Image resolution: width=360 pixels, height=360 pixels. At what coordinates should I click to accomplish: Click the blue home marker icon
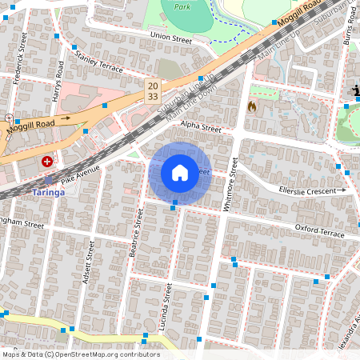pyautogui.click(x=180, y=173)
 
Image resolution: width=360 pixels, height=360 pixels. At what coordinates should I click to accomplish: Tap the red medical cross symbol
pyautogui.click(x=48, y=162)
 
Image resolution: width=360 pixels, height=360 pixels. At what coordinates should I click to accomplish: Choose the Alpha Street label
pyautogui.click(x=200, y=126)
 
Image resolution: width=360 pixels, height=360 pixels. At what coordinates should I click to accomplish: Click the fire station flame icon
pyautogui.click(x=252, y=106)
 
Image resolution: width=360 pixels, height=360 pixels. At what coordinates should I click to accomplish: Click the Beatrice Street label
pyautogui.click(x=137, y=233)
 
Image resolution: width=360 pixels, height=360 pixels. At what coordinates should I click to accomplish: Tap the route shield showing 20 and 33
pyautogui.click(x=152, y=90)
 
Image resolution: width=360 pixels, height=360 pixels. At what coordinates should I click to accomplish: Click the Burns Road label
pyautogui.click(x=349, y=32)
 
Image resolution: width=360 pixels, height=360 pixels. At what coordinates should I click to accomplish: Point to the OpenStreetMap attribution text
pyautogui.click(x=81, y=354)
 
